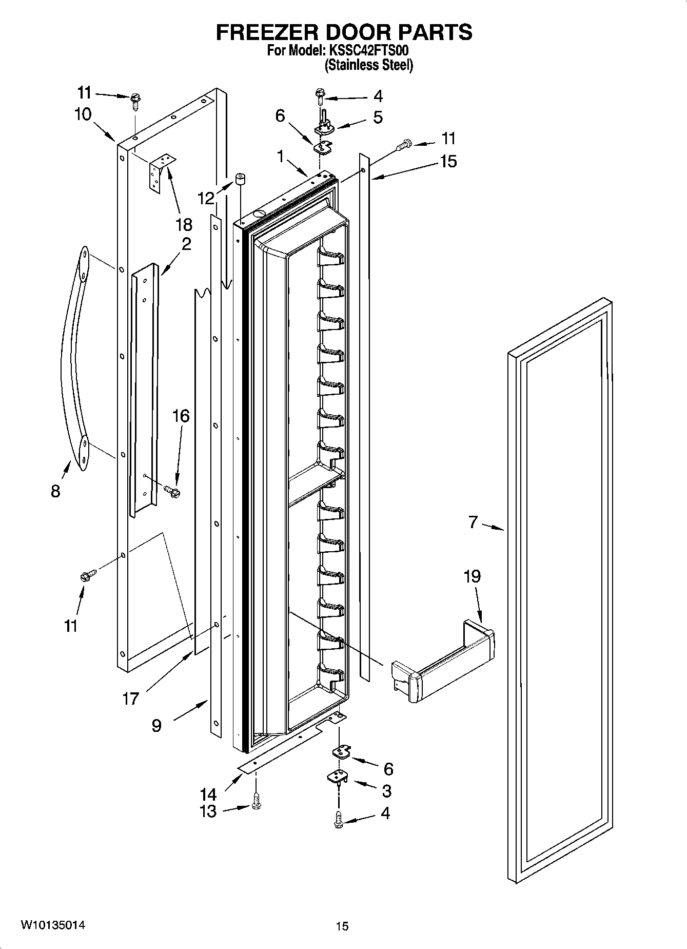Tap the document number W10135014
coord(53,925)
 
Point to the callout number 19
coord(472,576)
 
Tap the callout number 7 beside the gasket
coord(473,522)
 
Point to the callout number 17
coord(130,698)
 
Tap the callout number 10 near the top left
coord(83,114)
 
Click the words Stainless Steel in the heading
coord(368,65)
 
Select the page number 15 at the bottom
coord(342,926)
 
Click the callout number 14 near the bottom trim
coord(208,794)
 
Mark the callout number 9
coord(156,725)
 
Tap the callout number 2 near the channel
coord(186,244)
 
